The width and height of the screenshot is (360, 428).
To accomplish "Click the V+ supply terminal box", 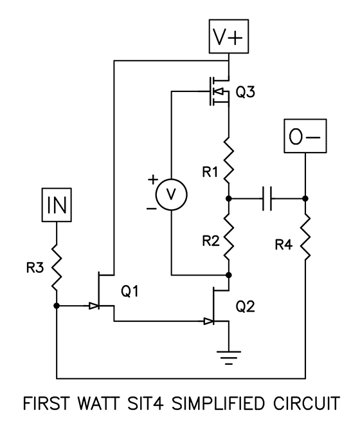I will tap(230, 38).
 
